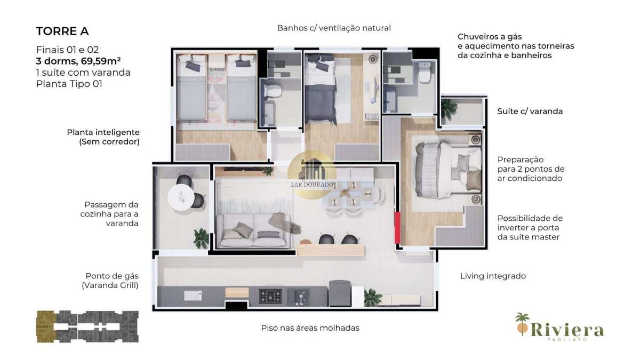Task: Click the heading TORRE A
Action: point(62,31)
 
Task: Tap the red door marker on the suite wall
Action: point(397,228)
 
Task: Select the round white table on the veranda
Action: point(181,197)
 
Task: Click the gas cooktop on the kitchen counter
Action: point(270,297)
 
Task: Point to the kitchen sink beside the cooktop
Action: point(298,297)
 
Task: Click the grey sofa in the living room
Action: point(252,230)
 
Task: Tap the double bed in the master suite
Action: point(449,170)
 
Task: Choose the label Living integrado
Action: point(493,276)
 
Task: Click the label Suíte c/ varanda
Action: point(530,111)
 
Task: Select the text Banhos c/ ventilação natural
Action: point(334,28)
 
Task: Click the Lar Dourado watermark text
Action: point(312,185)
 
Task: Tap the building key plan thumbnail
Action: point(87,326)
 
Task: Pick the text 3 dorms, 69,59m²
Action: point(78,61)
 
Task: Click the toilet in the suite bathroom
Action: point(425,73)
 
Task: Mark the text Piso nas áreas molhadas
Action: point(310,328)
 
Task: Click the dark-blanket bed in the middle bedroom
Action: point(321,89)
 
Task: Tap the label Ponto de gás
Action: point(112,276)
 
